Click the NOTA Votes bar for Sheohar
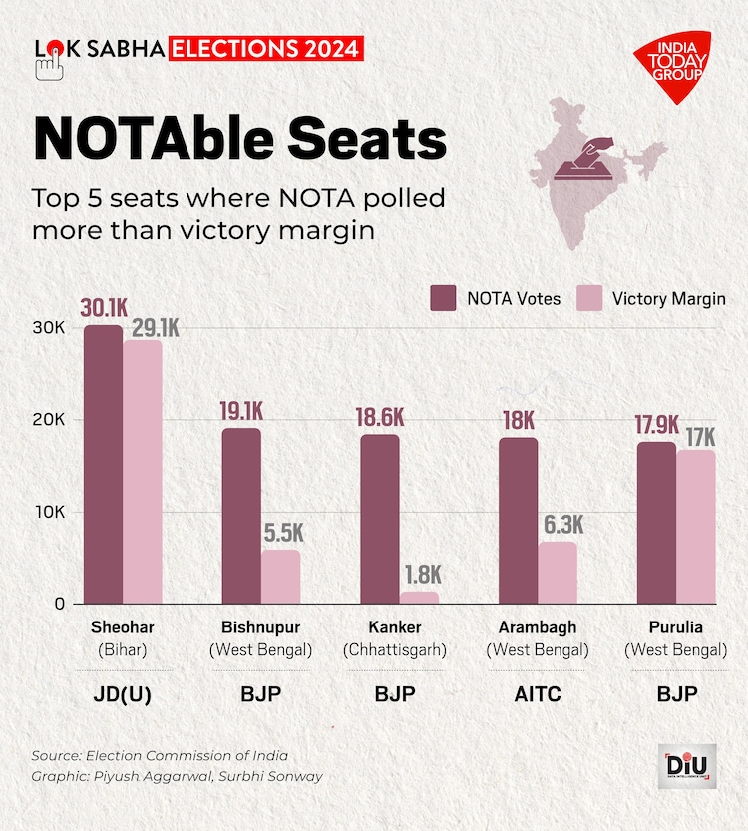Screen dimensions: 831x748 tap(103, 465)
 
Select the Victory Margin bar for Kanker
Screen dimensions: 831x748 tap(419, 597)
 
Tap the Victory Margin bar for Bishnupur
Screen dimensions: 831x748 tap(280, 577)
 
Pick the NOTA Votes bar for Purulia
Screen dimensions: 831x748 tap(656, 523)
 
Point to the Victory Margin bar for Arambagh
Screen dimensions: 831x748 tap(558, 573)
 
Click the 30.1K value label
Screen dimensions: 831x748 tap(103, 308)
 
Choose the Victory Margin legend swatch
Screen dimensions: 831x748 tap(591, 298)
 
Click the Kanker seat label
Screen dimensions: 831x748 tap(395, 627)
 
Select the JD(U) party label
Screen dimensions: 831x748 tap(122, 694)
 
